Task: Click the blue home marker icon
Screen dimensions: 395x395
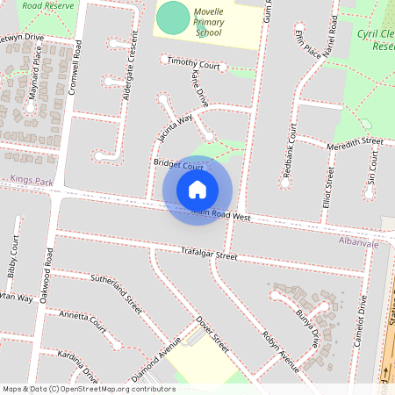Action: tap(197, 189)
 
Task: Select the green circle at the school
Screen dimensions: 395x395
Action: tap(174, 17)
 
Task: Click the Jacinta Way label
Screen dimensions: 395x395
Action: tap(175, 127)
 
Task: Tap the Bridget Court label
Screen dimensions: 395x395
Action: tap(178, 165)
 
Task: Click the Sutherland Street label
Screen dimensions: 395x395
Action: tap(116, 293)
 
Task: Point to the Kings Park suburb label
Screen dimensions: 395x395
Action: tap(32, 181)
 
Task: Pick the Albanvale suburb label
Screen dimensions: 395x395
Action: tap(358, 240)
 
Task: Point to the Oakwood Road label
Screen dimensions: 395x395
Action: tap(50, 269)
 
